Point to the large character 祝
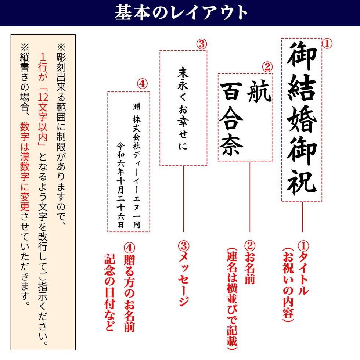click(302, 181)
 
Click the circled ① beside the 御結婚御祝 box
click(327, 44)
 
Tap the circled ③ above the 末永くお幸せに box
click(201, 44)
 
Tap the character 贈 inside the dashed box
click(136, 107)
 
